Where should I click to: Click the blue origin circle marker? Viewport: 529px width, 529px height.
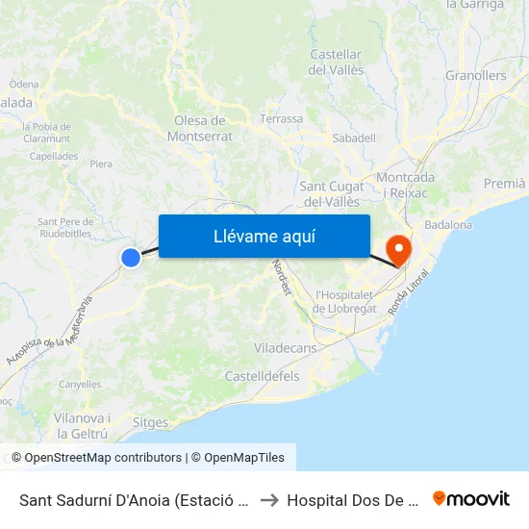click(x=131, y=257)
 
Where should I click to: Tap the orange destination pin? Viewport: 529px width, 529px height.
click(x=396, y=250)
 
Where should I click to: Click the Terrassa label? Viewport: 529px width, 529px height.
click(x=281, y=119)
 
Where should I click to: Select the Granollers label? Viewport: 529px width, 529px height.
click(x=475, y=76)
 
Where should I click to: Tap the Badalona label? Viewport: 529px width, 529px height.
click(x=448, y=225)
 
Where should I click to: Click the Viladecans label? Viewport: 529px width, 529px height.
click(x=285, y=347)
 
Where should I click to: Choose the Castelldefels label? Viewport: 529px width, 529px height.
click(x=262, y=376)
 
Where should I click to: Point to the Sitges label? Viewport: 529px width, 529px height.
click(x=149, y=423)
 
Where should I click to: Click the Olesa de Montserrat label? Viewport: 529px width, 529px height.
click(x=200, y=128)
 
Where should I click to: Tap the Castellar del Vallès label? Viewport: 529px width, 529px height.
click(x=336, y=63)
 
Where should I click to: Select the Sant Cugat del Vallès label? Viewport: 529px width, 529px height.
click(x=332, y=193)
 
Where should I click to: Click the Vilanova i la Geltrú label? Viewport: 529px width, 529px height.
click(x=82, y=425)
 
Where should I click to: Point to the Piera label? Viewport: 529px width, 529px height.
click(x=101, y=164)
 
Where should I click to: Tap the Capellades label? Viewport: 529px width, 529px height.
click(x=54, y=156)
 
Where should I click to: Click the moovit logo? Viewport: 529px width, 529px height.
click(x=471, y=499)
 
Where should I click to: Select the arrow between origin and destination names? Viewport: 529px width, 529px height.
click(x=269, y=500)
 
